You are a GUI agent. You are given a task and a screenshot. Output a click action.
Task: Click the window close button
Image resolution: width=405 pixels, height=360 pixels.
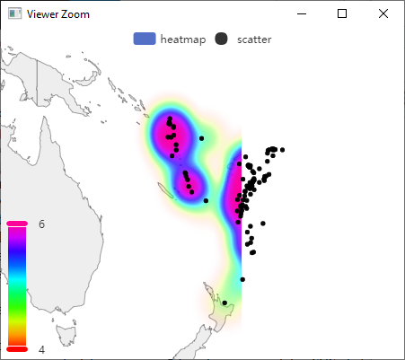pos(383,13)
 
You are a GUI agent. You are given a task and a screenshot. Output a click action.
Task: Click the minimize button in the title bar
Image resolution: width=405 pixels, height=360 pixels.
pos(301,13)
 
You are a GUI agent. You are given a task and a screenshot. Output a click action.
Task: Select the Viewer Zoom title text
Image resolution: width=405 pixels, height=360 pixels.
pos(58,14)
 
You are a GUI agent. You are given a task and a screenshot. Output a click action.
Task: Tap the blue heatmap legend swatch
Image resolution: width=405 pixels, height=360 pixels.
pos(145,39)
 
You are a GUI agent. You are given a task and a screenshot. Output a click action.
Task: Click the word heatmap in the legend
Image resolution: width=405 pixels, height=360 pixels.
pos(181,39)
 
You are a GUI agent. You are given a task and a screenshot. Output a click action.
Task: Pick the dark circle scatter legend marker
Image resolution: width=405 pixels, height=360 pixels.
pos(222,39)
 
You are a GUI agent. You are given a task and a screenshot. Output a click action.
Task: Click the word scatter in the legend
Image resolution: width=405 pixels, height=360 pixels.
pos(254,39)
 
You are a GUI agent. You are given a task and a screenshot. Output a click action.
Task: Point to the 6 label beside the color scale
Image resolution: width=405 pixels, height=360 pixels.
pos(42,224)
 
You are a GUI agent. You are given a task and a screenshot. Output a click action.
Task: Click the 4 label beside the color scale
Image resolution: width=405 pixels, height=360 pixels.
pos(42,349)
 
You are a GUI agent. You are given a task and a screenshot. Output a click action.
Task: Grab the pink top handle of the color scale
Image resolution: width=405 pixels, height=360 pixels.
pos(17,224)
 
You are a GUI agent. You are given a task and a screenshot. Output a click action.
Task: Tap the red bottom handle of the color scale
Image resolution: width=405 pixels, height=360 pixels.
pos(17,348)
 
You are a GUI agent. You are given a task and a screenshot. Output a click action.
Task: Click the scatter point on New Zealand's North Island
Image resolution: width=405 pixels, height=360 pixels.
pos(224,303)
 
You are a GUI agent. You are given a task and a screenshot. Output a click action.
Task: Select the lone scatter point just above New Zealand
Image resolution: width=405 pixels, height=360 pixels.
pos(242,280)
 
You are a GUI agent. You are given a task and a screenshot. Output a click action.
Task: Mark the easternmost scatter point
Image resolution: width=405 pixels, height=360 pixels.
pos(282,149)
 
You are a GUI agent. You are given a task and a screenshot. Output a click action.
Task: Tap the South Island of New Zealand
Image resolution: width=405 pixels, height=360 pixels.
pos(193,346)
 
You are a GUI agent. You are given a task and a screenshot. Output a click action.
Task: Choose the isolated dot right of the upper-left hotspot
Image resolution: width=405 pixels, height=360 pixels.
pos(202,138)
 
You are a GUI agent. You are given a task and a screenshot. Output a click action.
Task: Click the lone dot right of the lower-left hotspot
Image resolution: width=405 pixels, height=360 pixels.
pos(206,201)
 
